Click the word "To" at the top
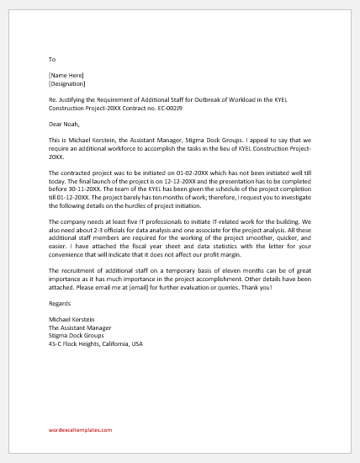tap(52, 59)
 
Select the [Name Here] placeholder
tap(67, 76)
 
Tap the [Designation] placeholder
tap(67, 83)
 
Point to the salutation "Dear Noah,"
tap(65, 125)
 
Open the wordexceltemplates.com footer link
tap(81, 429)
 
